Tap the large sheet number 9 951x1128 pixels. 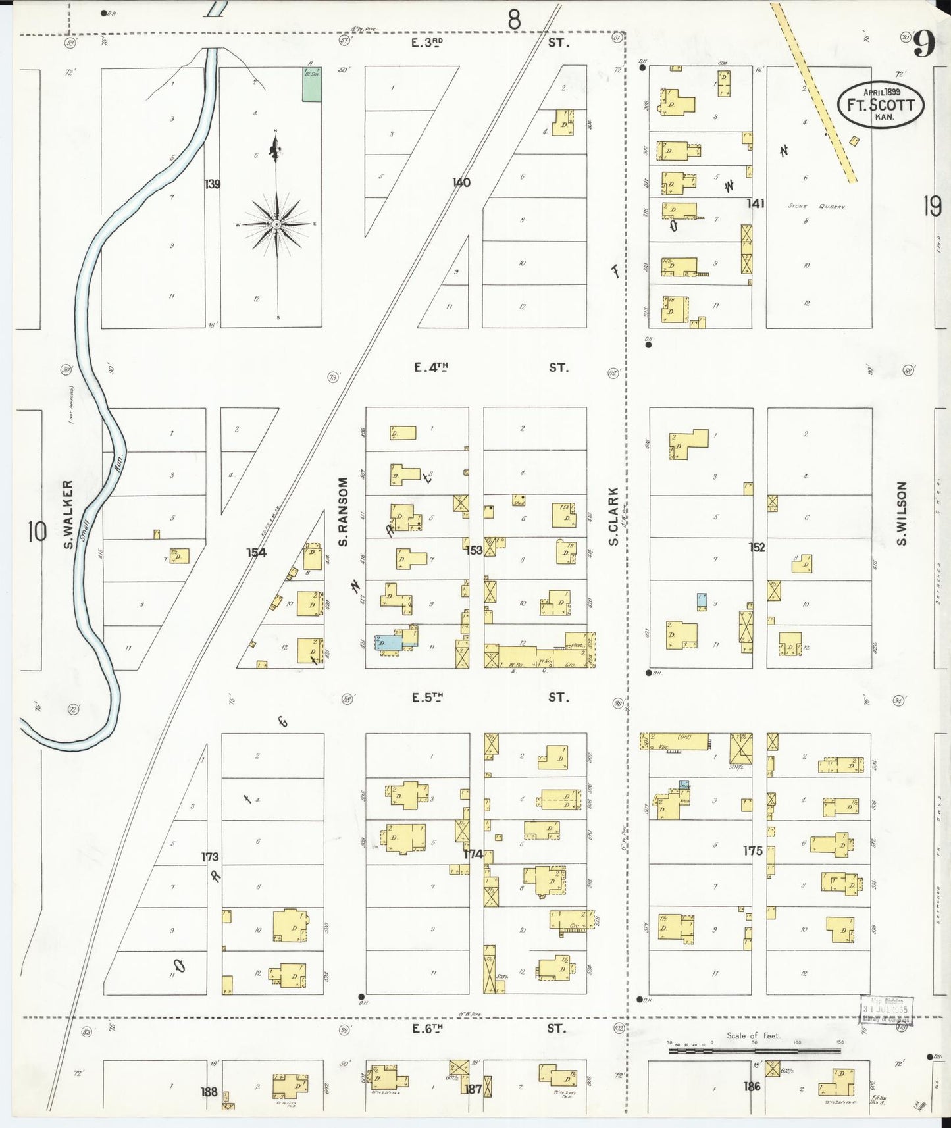(x=924, y=45)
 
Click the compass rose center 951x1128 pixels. (x=277, y=224)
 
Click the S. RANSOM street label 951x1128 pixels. (x=342, y=512)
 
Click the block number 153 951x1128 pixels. (x=475, y=550)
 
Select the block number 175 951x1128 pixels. (x=752, y=851)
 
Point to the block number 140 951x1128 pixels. (x=461, y=182)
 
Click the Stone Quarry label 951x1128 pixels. (x=816, y=206)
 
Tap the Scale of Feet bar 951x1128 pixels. (x=754, y=1052)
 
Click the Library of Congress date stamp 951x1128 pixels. (x=887, y=1009)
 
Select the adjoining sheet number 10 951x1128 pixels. (x=37, y=531)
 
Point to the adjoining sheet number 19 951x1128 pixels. (x=931, y=207)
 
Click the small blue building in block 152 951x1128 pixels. (x=702, y=600)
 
